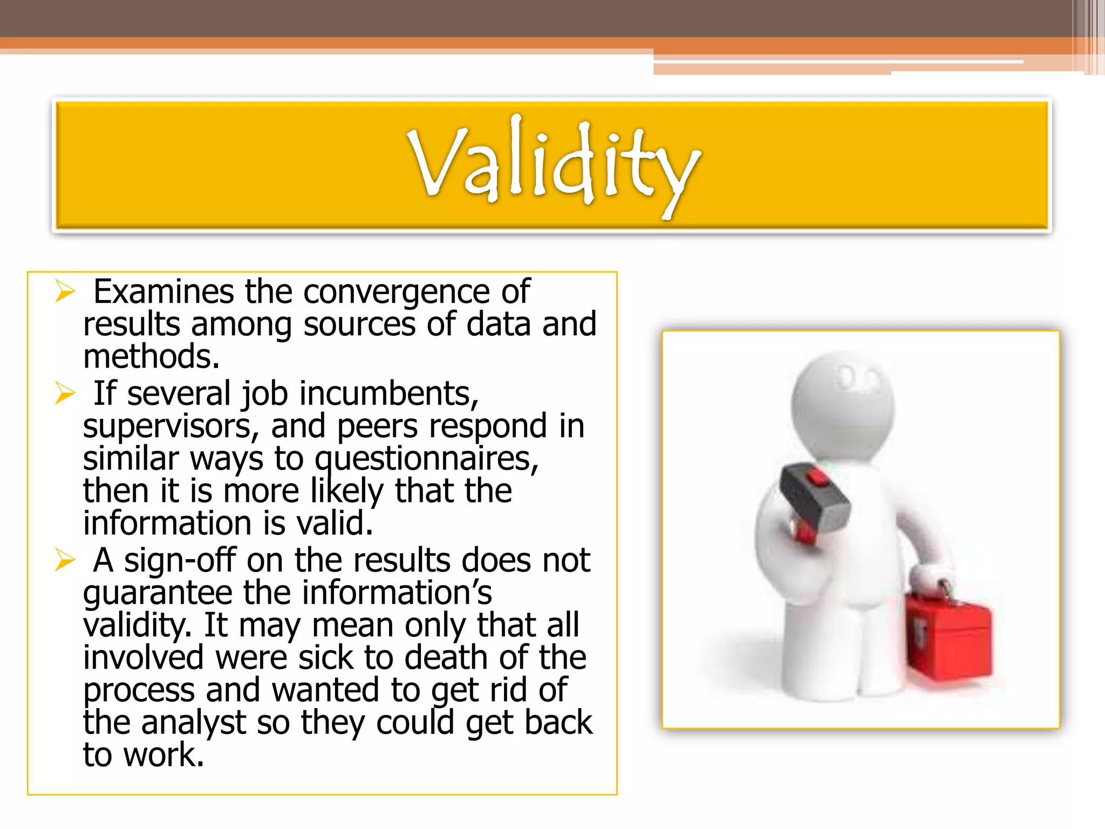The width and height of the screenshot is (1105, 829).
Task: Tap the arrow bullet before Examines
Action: point(65,292)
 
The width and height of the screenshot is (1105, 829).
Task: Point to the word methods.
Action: point(151,357)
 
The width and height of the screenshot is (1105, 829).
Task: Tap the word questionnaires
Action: point(426,459)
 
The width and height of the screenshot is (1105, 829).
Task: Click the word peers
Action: point(377,426)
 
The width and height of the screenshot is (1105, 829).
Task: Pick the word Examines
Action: point(163,292)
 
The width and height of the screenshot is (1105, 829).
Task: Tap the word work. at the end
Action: point(164,755)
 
